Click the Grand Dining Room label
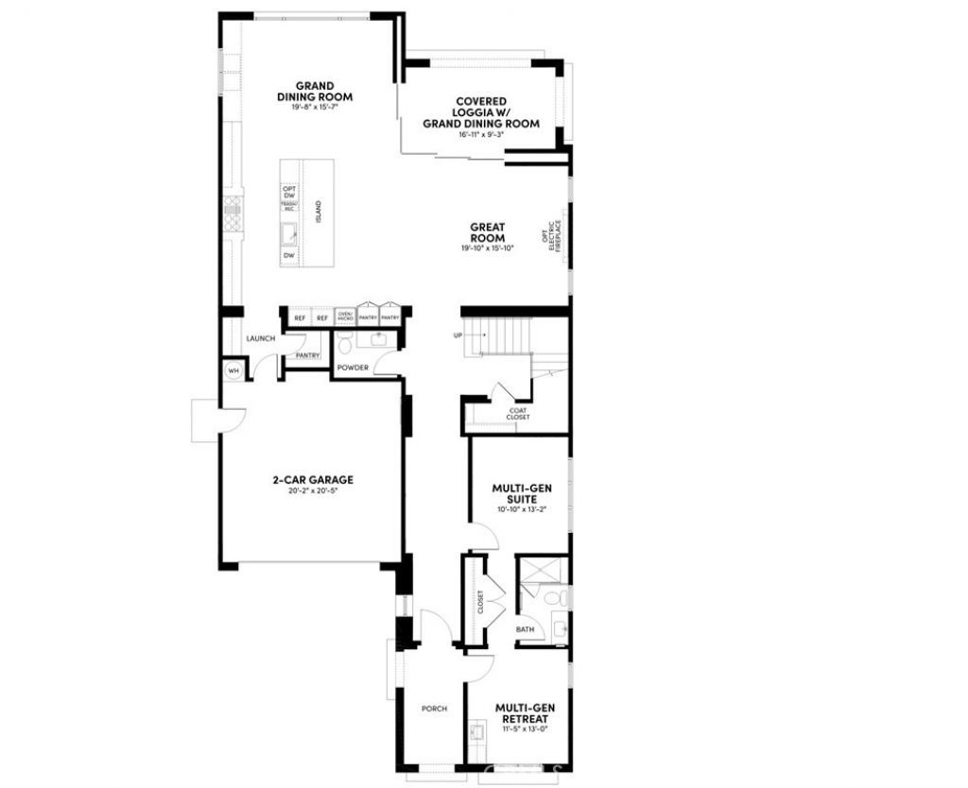click(x=315, y=92)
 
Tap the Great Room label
click(x=488, y=232)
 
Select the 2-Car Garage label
click(x=312, y=479)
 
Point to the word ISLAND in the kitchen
click(x=320, y=211)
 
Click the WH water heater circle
click(x=233, y=370)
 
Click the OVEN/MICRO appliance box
click(x=345, y=317)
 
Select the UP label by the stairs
click(x=458, y=335)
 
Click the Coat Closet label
click(x=518, y=413)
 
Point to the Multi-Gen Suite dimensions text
click(x=521, y=509)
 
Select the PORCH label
click(x=434, y=709)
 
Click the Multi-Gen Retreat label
click(x=525, y=711)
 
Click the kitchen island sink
click(x=290, y=233)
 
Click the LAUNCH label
click(x=260, y=338)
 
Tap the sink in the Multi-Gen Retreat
click(x=476, y=733)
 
